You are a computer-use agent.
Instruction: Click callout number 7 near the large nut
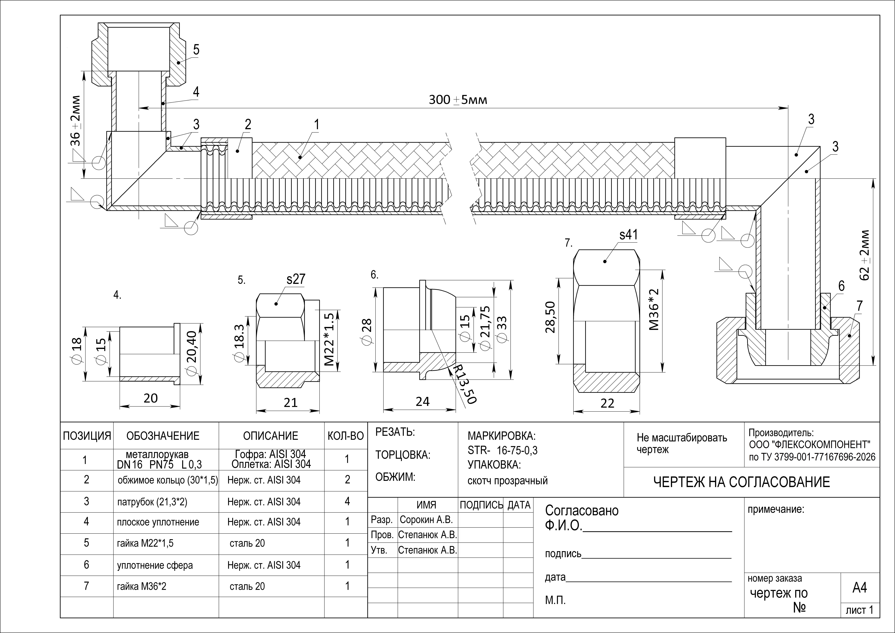[x=860, y=306]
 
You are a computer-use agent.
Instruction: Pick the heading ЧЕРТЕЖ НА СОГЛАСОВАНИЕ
[x=741, y=482]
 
